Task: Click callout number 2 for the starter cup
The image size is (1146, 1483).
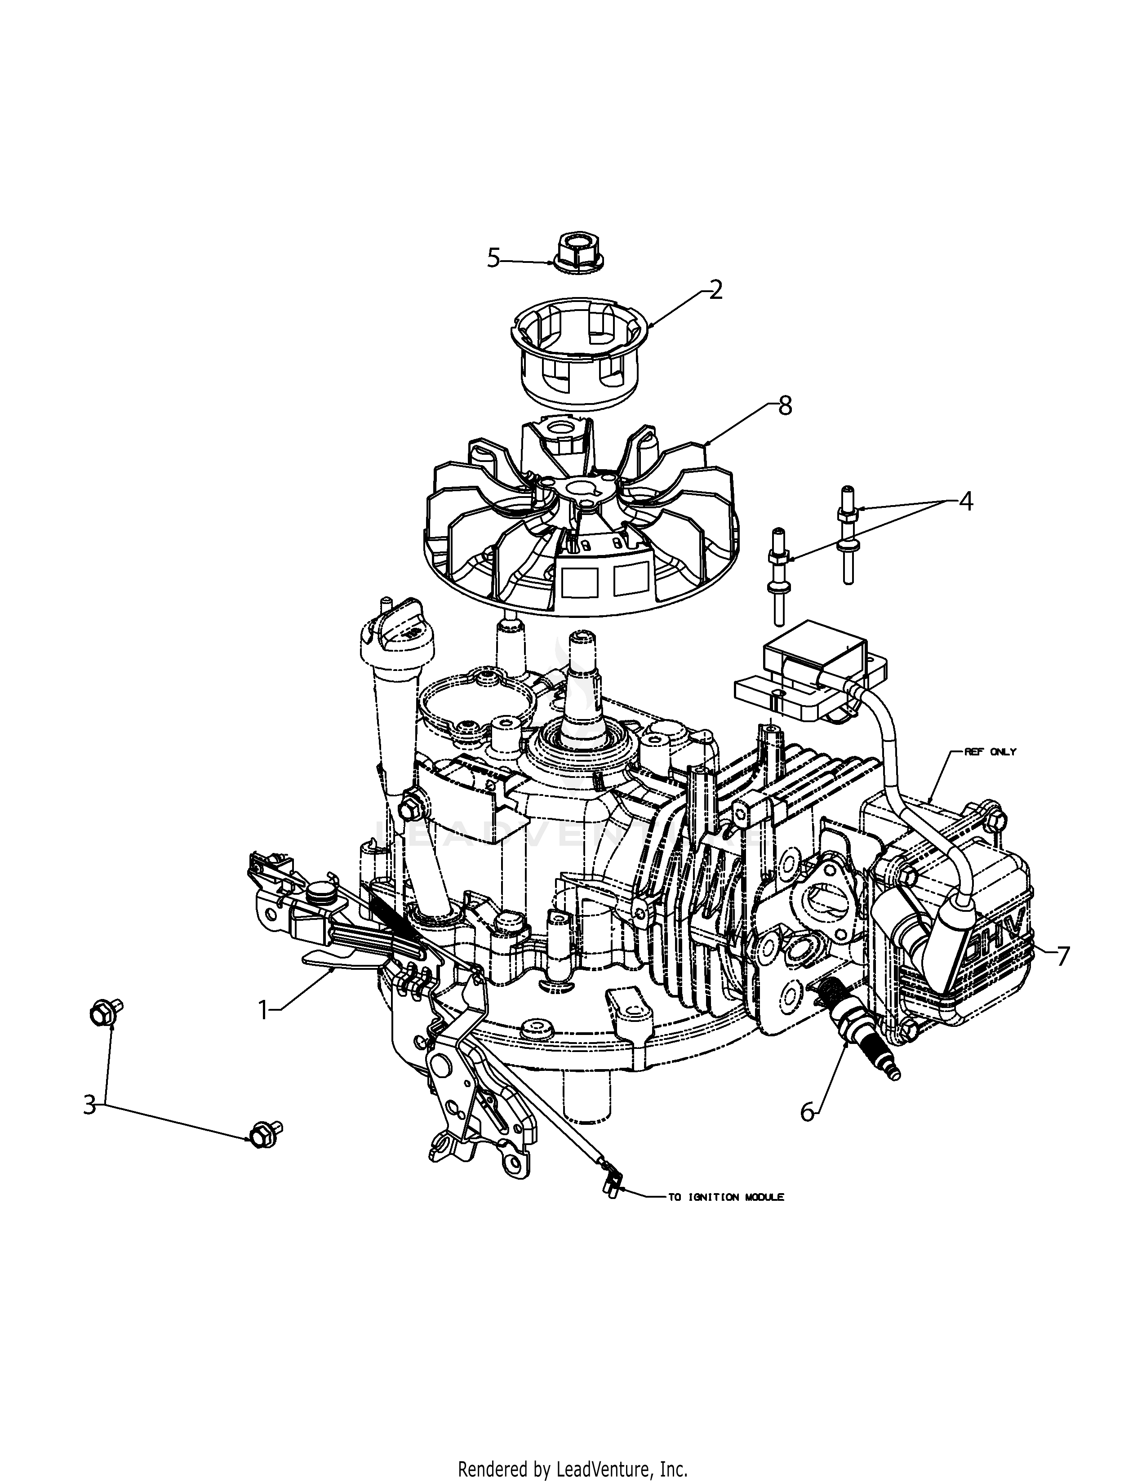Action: [x=715, y=291]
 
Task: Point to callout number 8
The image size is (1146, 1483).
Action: [x=785, y=406]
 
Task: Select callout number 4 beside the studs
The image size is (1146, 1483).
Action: [x=965, y=502]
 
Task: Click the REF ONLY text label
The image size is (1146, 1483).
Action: [x=990, y=752]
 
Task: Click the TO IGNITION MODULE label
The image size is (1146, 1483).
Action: [x=726, y=1198]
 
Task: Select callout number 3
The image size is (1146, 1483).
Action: [x=89, y=1105]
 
